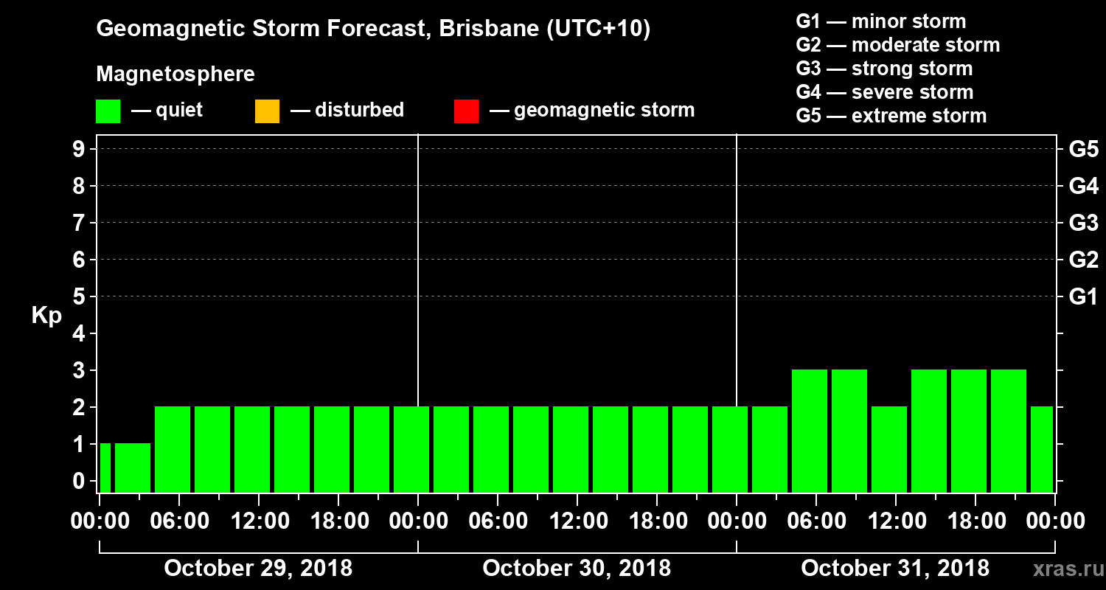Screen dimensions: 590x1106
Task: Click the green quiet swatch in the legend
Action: click(108, 111)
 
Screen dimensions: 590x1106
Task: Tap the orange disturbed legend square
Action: click(267, 111)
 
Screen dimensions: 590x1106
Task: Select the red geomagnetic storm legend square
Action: click(466, 111)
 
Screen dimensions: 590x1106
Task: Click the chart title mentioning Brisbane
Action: click(373, 29)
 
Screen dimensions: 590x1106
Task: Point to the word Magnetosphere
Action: click(175, 74)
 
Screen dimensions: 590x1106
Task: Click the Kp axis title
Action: click(46, 316)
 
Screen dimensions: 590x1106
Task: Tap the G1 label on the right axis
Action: click(1083, 297)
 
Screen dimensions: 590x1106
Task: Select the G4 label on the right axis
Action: click(1083, 186)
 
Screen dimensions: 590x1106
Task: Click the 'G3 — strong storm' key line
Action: click(884, 69)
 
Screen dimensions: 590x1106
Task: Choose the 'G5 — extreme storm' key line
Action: click(891, 116)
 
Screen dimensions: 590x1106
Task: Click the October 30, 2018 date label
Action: click(577, 568)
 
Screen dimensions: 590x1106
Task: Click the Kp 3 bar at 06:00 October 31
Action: click(810, 431)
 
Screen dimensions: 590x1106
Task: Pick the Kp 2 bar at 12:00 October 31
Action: click(889, 449)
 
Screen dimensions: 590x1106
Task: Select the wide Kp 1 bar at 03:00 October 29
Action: click(133, 468)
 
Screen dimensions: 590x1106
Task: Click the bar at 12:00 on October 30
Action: click(571, 449)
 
